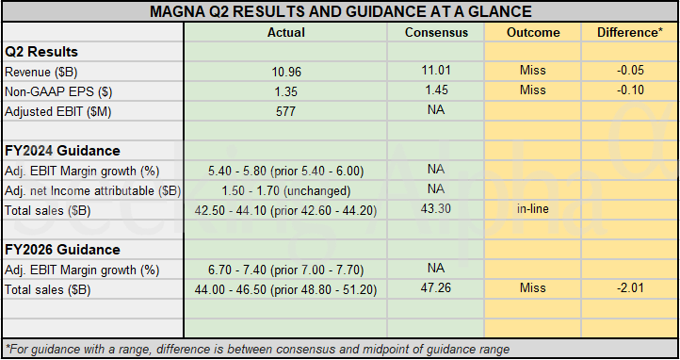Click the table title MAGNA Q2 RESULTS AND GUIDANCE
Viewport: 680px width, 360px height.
pyautogui.click(x=340, y=11)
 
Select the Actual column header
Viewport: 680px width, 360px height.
pyautogui.click(x=285, y=32)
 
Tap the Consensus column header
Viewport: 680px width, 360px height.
pyautogui.click(x=435, y=32)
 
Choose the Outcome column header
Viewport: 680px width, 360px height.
pyautogui.click(x=533, y=32)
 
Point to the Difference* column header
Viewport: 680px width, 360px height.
pyautogui.click(x=627, y=32)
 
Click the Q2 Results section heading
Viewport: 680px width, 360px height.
pyautogui.click(x=41, y=52)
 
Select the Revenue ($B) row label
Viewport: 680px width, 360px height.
pyautogui.click(x=43, y=72)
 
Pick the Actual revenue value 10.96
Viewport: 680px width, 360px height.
pyautogui.click(x=285, y=72)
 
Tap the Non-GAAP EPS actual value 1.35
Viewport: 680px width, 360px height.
pyautogui.click(x=285, y=91)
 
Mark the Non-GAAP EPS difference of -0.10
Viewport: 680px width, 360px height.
pyautogui.click(x=627, y=90)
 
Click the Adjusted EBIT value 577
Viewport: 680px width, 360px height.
pyautogui.click(x=285, y=111)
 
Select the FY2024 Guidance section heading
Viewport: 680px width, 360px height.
pyautogui.click(x=62, y=151)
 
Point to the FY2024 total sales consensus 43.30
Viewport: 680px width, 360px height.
pyautogui.click(x=435, y=208)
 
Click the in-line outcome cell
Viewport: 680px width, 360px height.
pyautogui.click(x=533, y=208)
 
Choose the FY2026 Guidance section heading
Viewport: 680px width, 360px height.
pyautogui.click(x=62, y=250)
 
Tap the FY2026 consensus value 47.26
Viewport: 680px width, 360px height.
pyautogui.click(x=435, y=287)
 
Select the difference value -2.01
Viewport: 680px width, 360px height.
pyautogui.click(x=627, y=287)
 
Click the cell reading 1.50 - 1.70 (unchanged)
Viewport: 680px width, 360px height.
pyautogui.click(x=285, y=190)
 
